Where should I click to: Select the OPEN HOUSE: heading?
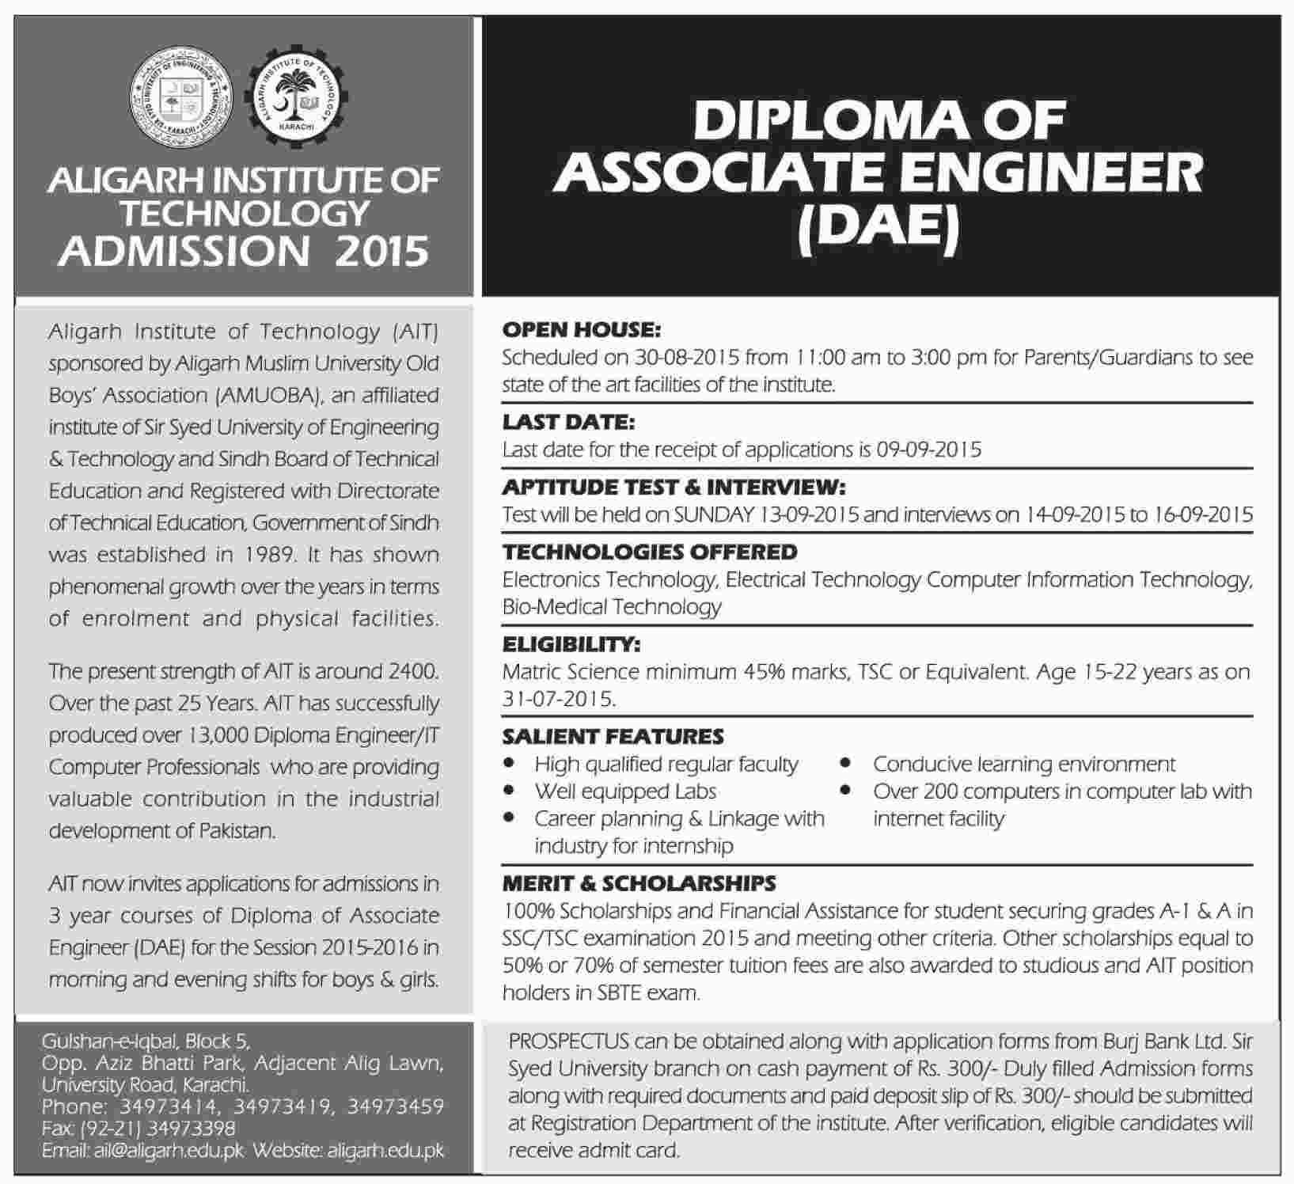tap(581, 329)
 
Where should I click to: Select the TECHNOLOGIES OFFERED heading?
tap(650, 552)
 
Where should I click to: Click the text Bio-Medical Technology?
tap(612, 607)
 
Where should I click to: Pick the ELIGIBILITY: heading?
tap(571, 644)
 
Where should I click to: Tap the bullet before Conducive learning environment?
tap(846, 764)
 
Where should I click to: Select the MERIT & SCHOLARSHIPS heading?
tap(639, 882)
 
